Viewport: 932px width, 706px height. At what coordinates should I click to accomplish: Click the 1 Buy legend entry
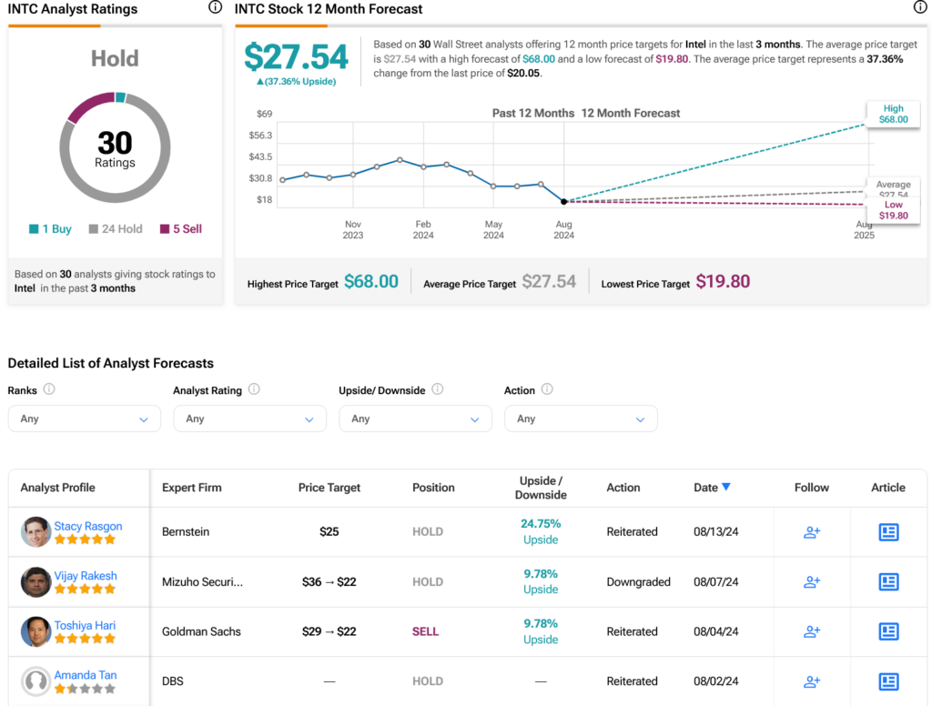point(51,228)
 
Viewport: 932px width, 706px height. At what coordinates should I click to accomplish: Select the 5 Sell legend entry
point(181,228)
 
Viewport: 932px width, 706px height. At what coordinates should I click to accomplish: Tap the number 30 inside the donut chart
point(115,143)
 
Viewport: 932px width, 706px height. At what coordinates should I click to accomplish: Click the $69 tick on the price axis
point(265,114)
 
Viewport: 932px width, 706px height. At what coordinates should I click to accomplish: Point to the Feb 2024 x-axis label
point(423,229)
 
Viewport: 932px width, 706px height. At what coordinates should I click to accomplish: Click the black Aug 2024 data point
point(564,201)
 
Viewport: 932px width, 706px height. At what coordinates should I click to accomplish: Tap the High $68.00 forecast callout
point(894,114)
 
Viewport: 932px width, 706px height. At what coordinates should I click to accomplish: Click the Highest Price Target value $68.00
point(371,282)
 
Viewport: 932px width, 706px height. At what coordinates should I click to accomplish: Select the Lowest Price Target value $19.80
point(723,282)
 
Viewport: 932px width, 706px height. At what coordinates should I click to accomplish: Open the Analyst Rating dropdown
point(249,419)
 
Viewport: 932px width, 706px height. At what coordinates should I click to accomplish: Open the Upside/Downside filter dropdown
point(415,419)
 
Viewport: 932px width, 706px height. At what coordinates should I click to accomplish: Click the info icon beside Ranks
point(49,389)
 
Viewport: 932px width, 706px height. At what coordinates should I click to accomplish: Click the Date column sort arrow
point(725,487)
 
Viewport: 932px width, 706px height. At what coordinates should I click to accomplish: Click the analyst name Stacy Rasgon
point(88,526)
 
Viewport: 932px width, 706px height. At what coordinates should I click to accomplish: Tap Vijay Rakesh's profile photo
point(35,581)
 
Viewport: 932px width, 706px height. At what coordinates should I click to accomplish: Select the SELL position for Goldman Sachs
point(426,631)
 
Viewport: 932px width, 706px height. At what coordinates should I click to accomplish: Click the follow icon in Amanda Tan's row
point(812,681)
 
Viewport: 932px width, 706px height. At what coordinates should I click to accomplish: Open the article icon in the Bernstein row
point(888,532)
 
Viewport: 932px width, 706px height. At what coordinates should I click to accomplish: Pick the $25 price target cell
point(329,532)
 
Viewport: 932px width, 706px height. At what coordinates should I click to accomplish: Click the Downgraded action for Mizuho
point(638,581)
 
